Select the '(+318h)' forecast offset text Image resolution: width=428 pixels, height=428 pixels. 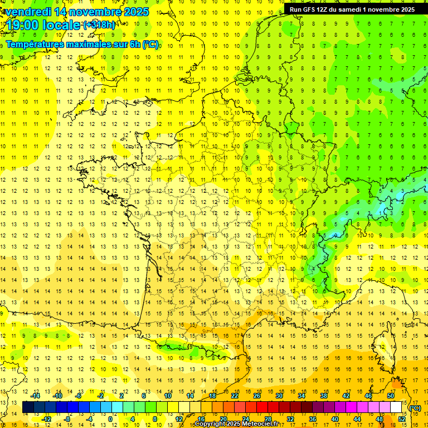coord(99,25)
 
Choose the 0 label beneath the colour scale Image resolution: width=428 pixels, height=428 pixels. coord(110,419)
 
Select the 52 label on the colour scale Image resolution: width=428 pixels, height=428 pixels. coord(402,419)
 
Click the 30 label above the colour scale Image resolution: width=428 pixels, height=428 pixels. coord(279,396)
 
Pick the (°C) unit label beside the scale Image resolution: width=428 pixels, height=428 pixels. coord(415,408)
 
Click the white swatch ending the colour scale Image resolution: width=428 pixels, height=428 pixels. coord(396,408)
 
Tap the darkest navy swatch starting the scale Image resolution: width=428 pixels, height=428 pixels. coord(28,408)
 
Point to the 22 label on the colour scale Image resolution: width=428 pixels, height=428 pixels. coord(235,396)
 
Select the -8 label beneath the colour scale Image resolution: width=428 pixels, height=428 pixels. coord(67,419)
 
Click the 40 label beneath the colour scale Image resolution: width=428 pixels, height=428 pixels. coord(335,419)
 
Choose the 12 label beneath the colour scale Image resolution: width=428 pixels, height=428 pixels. coord(179,419)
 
